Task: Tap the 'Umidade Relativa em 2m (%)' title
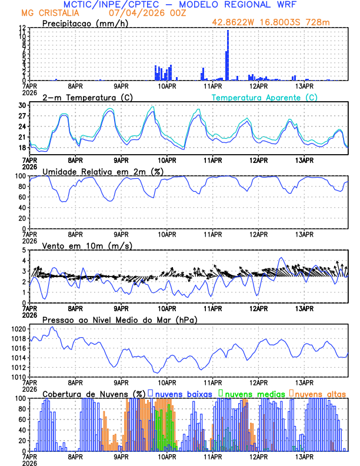pyautogui.click(x=104, y=171)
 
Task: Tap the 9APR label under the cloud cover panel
pyautogui.click(x=121, y=457)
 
